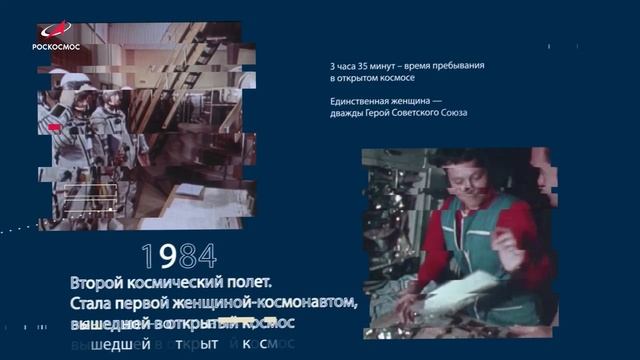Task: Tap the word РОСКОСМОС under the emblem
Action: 56,46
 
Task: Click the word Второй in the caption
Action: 100,281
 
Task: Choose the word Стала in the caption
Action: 95,303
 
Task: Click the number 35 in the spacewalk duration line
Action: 360,66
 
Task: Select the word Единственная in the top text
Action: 361,101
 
